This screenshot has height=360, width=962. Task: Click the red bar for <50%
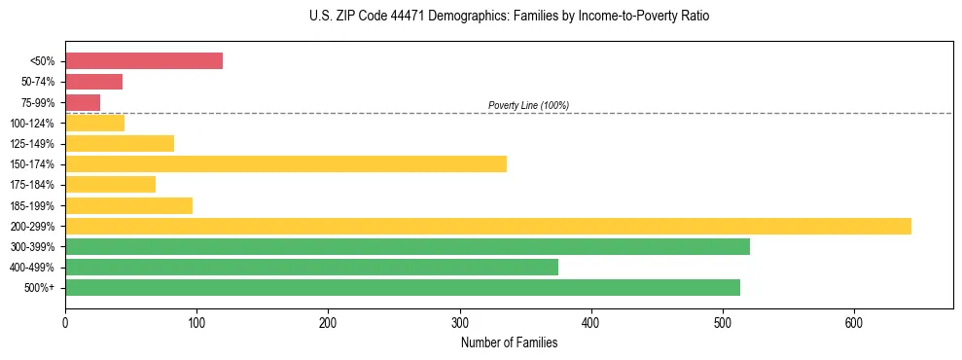144,61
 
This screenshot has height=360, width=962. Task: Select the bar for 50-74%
93,82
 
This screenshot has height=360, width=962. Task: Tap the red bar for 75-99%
83,102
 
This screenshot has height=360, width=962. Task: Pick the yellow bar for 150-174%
286,163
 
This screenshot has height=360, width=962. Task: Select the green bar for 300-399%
408,246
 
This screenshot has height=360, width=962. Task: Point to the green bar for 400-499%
311,267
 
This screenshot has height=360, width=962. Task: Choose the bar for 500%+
403,287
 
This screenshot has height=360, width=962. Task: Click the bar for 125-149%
120,143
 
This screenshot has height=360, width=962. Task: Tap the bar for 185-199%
128,205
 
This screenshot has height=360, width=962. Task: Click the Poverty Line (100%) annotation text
528,105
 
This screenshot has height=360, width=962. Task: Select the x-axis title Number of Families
509,342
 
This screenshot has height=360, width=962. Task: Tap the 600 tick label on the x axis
853,322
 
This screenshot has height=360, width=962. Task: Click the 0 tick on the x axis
65,322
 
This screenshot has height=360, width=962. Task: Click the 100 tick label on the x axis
196,322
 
